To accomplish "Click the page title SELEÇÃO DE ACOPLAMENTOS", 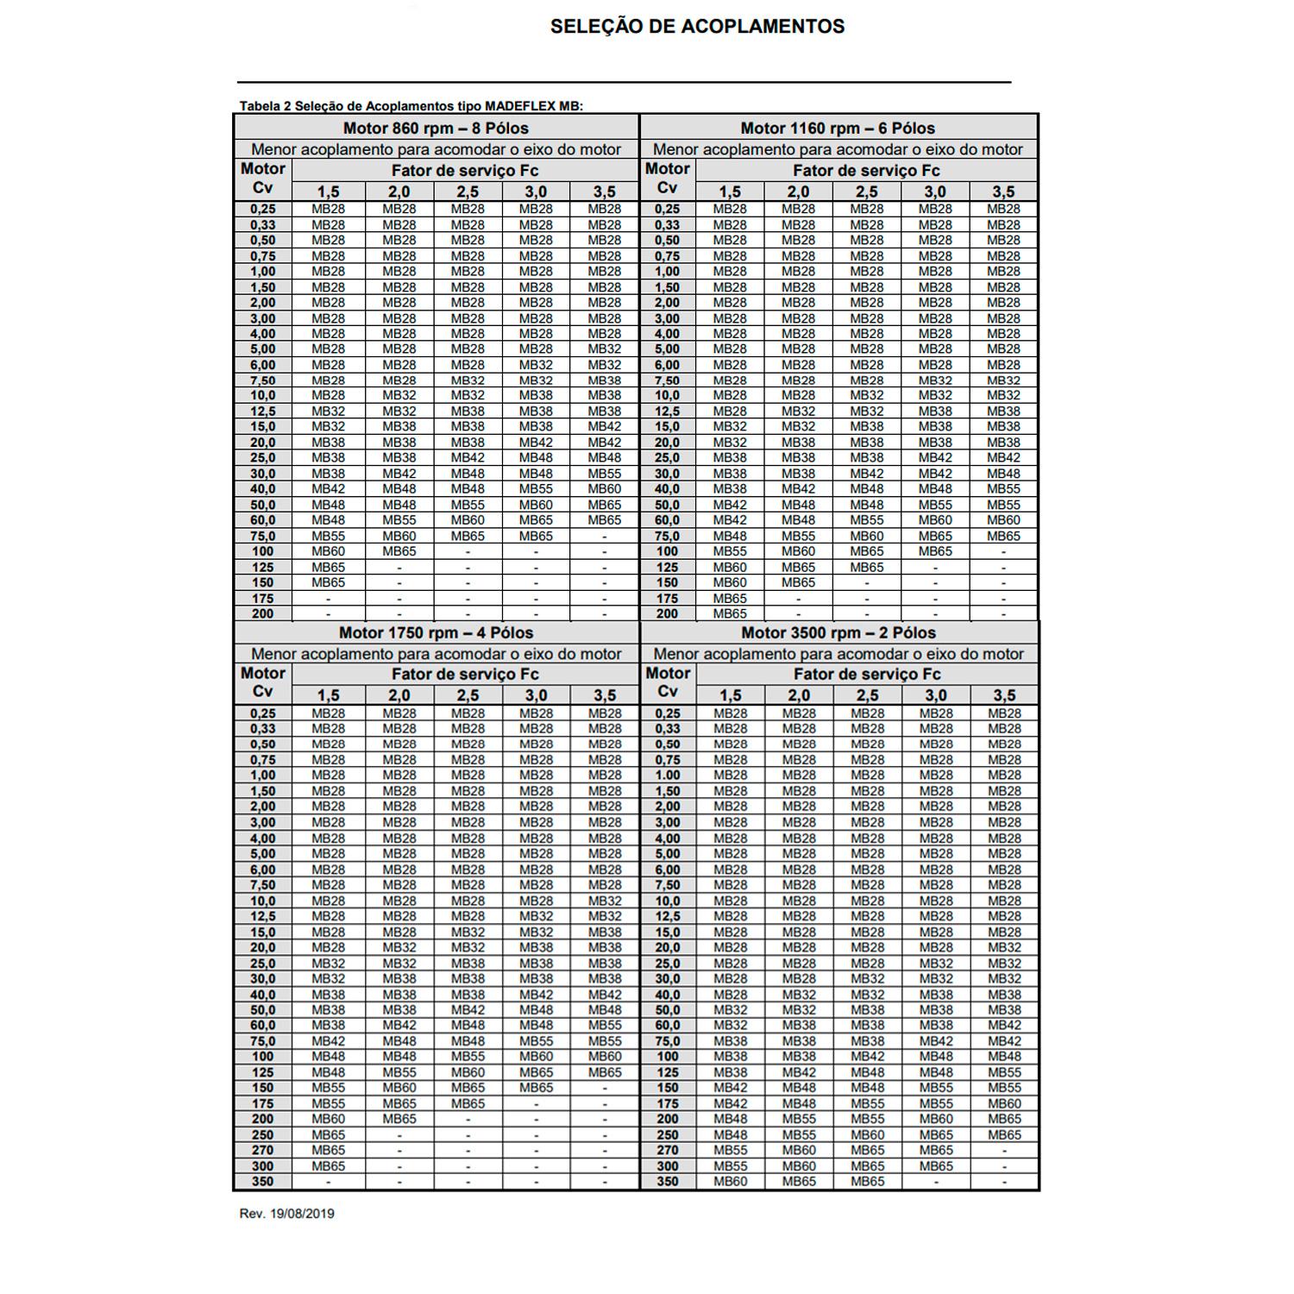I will coord(697,27).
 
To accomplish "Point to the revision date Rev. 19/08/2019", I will coord(286,1214).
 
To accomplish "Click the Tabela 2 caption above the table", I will coord(411,106).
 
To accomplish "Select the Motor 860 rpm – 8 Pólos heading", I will coord(436,129).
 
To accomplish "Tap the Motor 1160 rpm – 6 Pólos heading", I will coord(838,129).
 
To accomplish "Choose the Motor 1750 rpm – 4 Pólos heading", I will coord(436,632).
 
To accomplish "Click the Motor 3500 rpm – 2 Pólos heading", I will coord(839,632).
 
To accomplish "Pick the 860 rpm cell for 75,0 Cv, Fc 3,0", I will coord(536,536).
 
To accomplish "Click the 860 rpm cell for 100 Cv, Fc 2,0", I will coord(399,551).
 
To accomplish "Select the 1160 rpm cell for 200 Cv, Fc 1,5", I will coord(730,613).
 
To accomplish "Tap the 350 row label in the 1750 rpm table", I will coord(263,1182).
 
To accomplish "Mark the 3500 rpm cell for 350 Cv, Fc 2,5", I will coord(867,1182).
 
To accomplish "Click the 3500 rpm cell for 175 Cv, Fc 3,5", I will coord(1004,1103).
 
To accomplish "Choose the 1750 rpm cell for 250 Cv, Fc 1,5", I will coord(328,1135).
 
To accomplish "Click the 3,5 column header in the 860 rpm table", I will coord(605,192).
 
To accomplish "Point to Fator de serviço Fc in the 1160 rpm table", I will coord(866,171).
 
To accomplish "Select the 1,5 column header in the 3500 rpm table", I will coord(730,695).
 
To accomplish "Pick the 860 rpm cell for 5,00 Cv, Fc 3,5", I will coord(605,349).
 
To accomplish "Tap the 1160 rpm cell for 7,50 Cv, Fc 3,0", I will coord(935,380).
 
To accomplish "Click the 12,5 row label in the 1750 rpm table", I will coord(263,916).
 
